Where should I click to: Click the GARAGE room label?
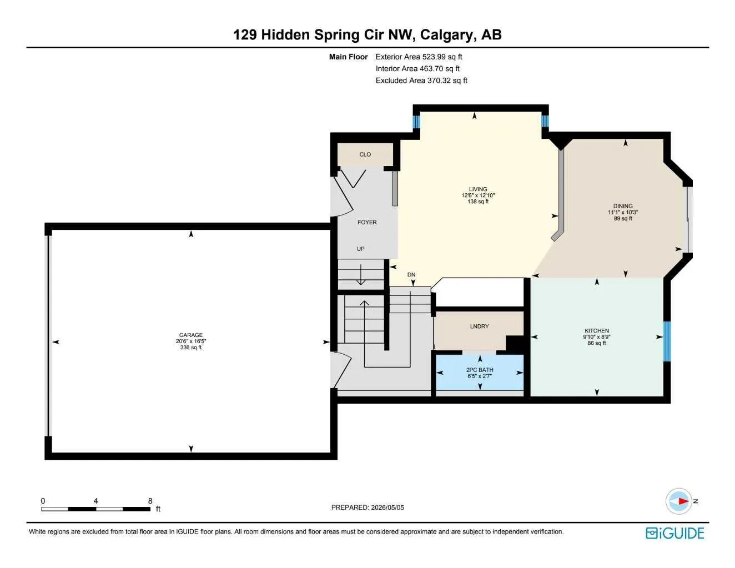pyautogui.click(x=191, y=335)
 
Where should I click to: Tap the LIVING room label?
pyautogui.click(x=478, y=189)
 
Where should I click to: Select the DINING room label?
pyautogui.click(x=623, y=206)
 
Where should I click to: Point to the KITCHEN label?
pyautogui.click(x=597, y=330)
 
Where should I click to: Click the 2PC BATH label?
pyautogui.click(x=480, y=370)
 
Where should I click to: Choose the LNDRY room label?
pyautogui.click(x=479, y=326)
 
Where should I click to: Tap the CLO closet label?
pyautogui.click(x=365, y=154)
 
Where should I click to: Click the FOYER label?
pyautogui.click(x=367, y=222)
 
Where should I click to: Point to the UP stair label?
pyautogui.click(x=361, y=249)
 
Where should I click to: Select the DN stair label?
pyautogui.click(x=411, y=275)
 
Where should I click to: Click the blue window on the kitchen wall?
pyautogui.click(x=667, y=341)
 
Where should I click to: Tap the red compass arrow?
pyautogui.click(x=683, y=501)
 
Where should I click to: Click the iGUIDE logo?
pyautogui.click(x=675, y=533)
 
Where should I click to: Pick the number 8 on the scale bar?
pyautogui.click(x=150, y=501)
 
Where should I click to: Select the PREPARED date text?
pyautogui.click(x=367, y=507)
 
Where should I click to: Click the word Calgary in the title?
pyautogui.click(x=446, y=35)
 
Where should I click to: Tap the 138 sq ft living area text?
pyautogui.click(x=478, y=202)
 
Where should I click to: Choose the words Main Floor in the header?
pyautogui.click(x=349, y=57)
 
